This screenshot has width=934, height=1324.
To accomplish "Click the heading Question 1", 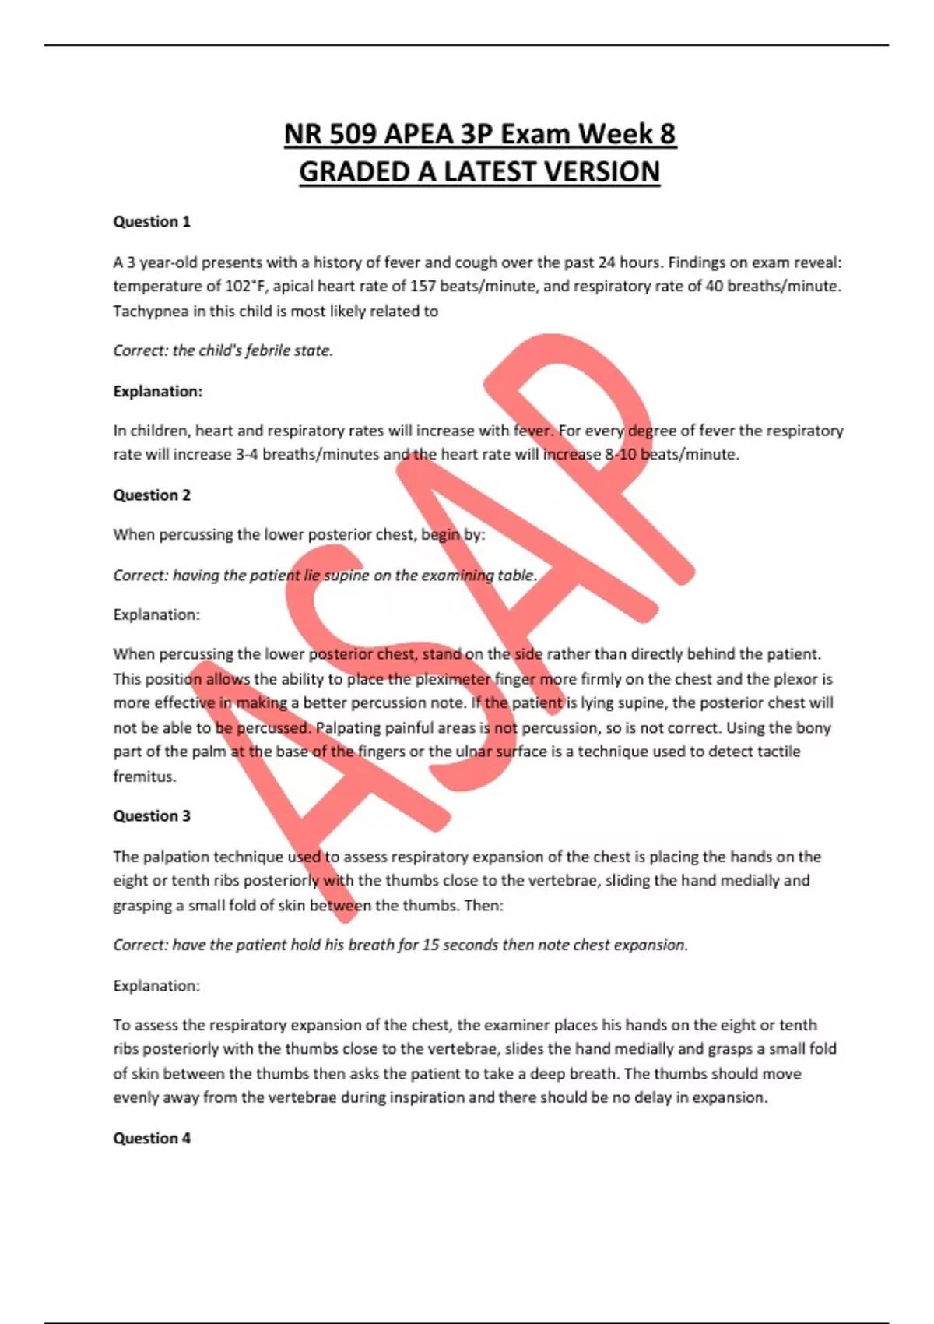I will pos(152,222).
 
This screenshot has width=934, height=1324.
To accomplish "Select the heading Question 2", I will pos(152,495).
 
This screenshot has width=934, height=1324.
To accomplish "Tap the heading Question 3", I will pos(152,816).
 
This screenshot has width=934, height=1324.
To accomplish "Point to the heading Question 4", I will pos(152,1139).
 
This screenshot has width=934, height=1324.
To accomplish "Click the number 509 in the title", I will pos(348,134).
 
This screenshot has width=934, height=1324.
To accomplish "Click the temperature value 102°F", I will pos(244,287).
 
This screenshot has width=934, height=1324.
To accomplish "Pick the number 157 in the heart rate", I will pos(423,287).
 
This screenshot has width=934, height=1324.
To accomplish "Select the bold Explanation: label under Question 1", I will pos(158,392).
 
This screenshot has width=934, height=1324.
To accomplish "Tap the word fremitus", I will pos(144,776).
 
